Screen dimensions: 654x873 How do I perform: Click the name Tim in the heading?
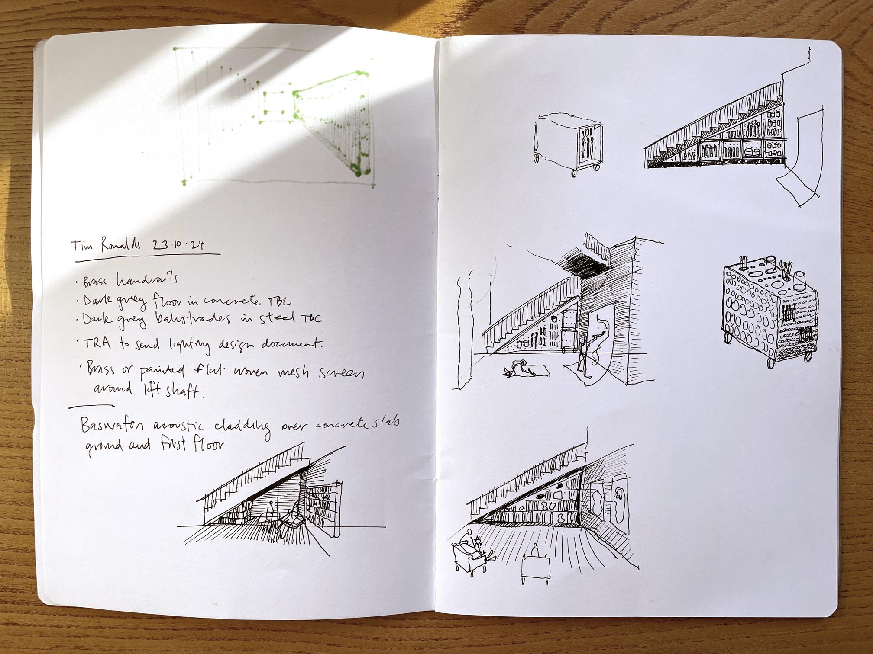pos(81,246)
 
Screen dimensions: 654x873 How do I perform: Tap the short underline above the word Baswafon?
pos(91,406)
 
